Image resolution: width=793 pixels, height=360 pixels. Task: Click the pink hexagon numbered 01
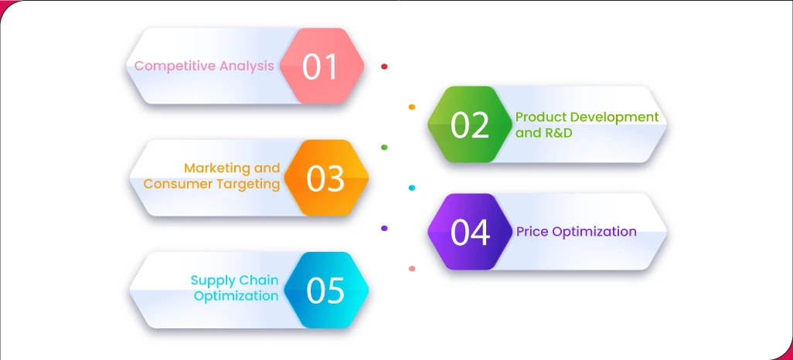322,66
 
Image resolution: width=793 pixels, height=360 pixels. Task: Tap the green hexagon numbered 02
470,124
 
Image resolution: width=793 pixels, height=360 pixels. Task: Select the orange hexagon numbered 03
325,178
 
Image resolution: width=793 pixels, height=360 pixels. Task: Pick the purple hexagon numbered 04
470,232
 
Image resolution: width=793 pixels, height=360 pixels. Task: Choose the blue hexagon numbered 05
325,290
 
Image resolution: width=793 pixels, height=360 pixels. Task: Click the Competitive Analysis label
204,66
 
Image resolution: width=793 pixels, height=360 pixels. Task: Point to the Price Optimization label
577,231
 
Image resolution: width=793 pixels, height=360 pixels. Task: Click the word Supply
213,280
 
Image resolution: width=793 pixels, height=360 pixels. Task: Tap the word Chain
258,280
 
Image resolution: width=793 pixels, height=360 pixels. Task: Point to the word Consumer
178,184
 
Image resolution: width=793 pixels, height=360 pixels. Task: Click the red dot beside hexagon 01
384,66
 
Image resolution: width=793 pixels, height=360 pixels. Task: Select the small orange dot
412,107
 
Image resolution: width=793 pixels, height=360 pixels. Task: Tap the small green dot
384,147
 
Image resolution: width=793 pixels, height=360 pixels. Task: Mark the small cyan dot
411,188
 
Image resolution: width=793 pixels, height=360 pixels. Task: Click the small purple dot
384,228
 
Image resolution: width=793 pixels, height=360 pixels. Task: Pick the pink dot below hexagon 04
412,269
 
